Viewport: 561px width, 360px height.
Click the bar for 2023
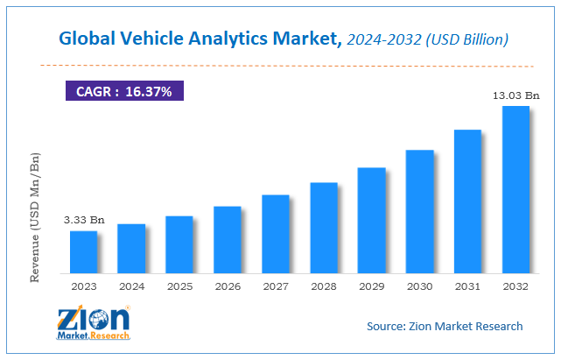pos(83,251)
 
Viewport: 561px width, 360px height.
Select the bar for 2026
pos(228,238)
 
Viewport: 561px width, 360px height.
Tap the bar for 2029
pos(371,219)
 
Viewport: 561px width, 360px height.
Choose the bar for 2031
pos(467,201)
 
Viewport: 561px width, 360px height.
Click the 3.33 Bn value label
pos(83,220)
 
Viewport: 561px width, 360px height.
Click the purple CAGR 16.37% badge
pos(125,89)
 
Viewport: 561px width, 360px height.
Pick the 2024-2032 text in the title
pos(380,39)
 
